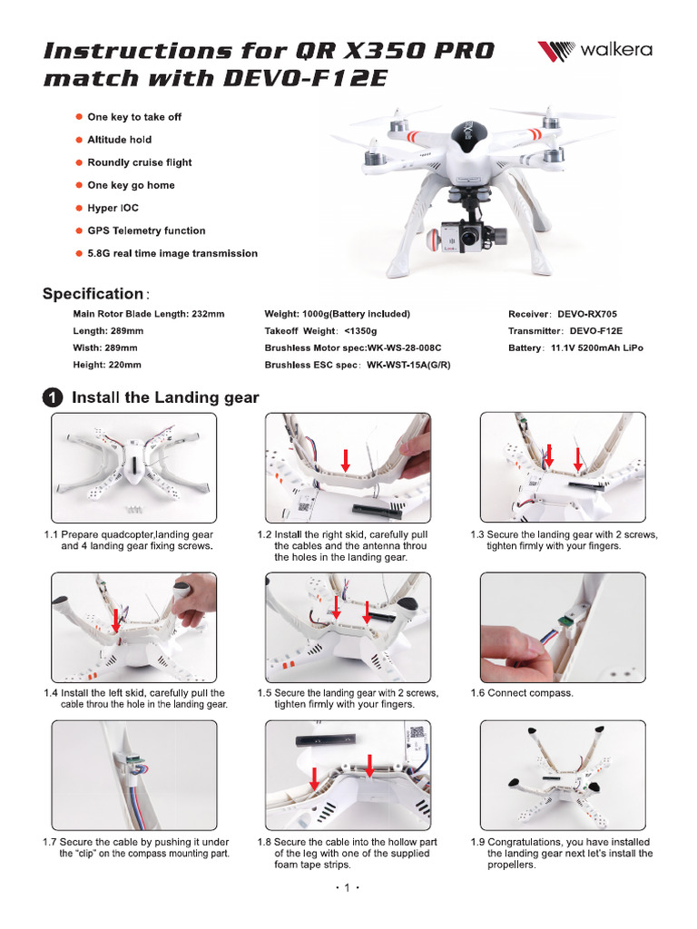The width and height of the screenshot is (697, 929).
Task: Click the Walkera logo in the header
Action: coord(594,51)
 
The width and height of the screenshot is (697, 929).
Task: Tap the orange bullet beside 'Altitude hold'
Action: coord(78,140)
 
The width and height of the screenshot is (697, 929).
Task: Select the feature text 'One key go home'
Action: coord(131,185)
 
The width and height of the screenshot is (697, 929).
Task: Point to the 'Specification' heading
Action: coord(93,294)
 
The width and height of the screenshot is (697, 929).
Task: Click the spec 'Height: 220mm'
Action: coord(107,365)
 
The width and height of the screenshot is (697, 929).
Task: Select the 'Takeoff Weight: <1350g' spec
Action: coord(320,331)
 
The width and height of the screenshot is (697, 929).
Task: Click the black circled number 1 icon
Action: coord(54,398)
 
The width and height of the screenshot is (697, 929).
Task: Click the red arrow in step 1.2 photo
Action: coord(344,461)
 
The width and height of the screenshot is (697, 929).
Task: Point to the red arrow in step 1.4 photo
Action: coord(116,621)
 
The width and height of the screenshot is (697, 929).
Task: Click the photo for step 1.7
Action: coord(134,776)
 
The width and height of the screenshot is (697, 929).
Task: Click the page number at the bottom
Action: coord(348,888)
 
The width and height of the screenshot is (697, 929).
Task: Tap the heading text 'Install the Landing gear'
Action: coord(165,398)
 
